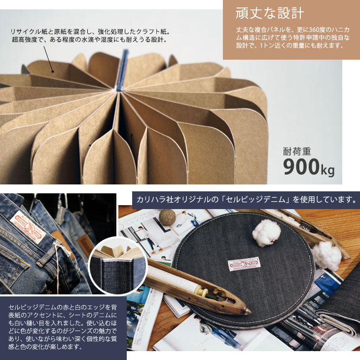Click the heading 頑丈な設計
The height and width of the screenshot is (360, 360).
[270, 13]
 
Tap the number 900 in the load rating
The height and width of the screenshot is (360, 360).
[301, 167]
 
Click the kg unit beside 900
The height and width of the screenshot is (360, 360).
[327, 170]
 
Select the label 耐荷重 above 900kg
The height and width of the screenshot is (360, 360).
[297, 151]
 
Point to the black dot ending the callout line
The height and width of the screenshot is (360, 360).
[53, 72]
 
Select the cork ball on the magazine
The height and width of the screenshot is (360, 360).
[167, 216]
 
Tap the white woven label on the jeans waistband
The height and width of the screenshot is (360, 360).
[28, 227]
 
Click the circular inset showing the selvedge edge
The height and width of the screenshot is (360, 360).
[118, 266]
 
